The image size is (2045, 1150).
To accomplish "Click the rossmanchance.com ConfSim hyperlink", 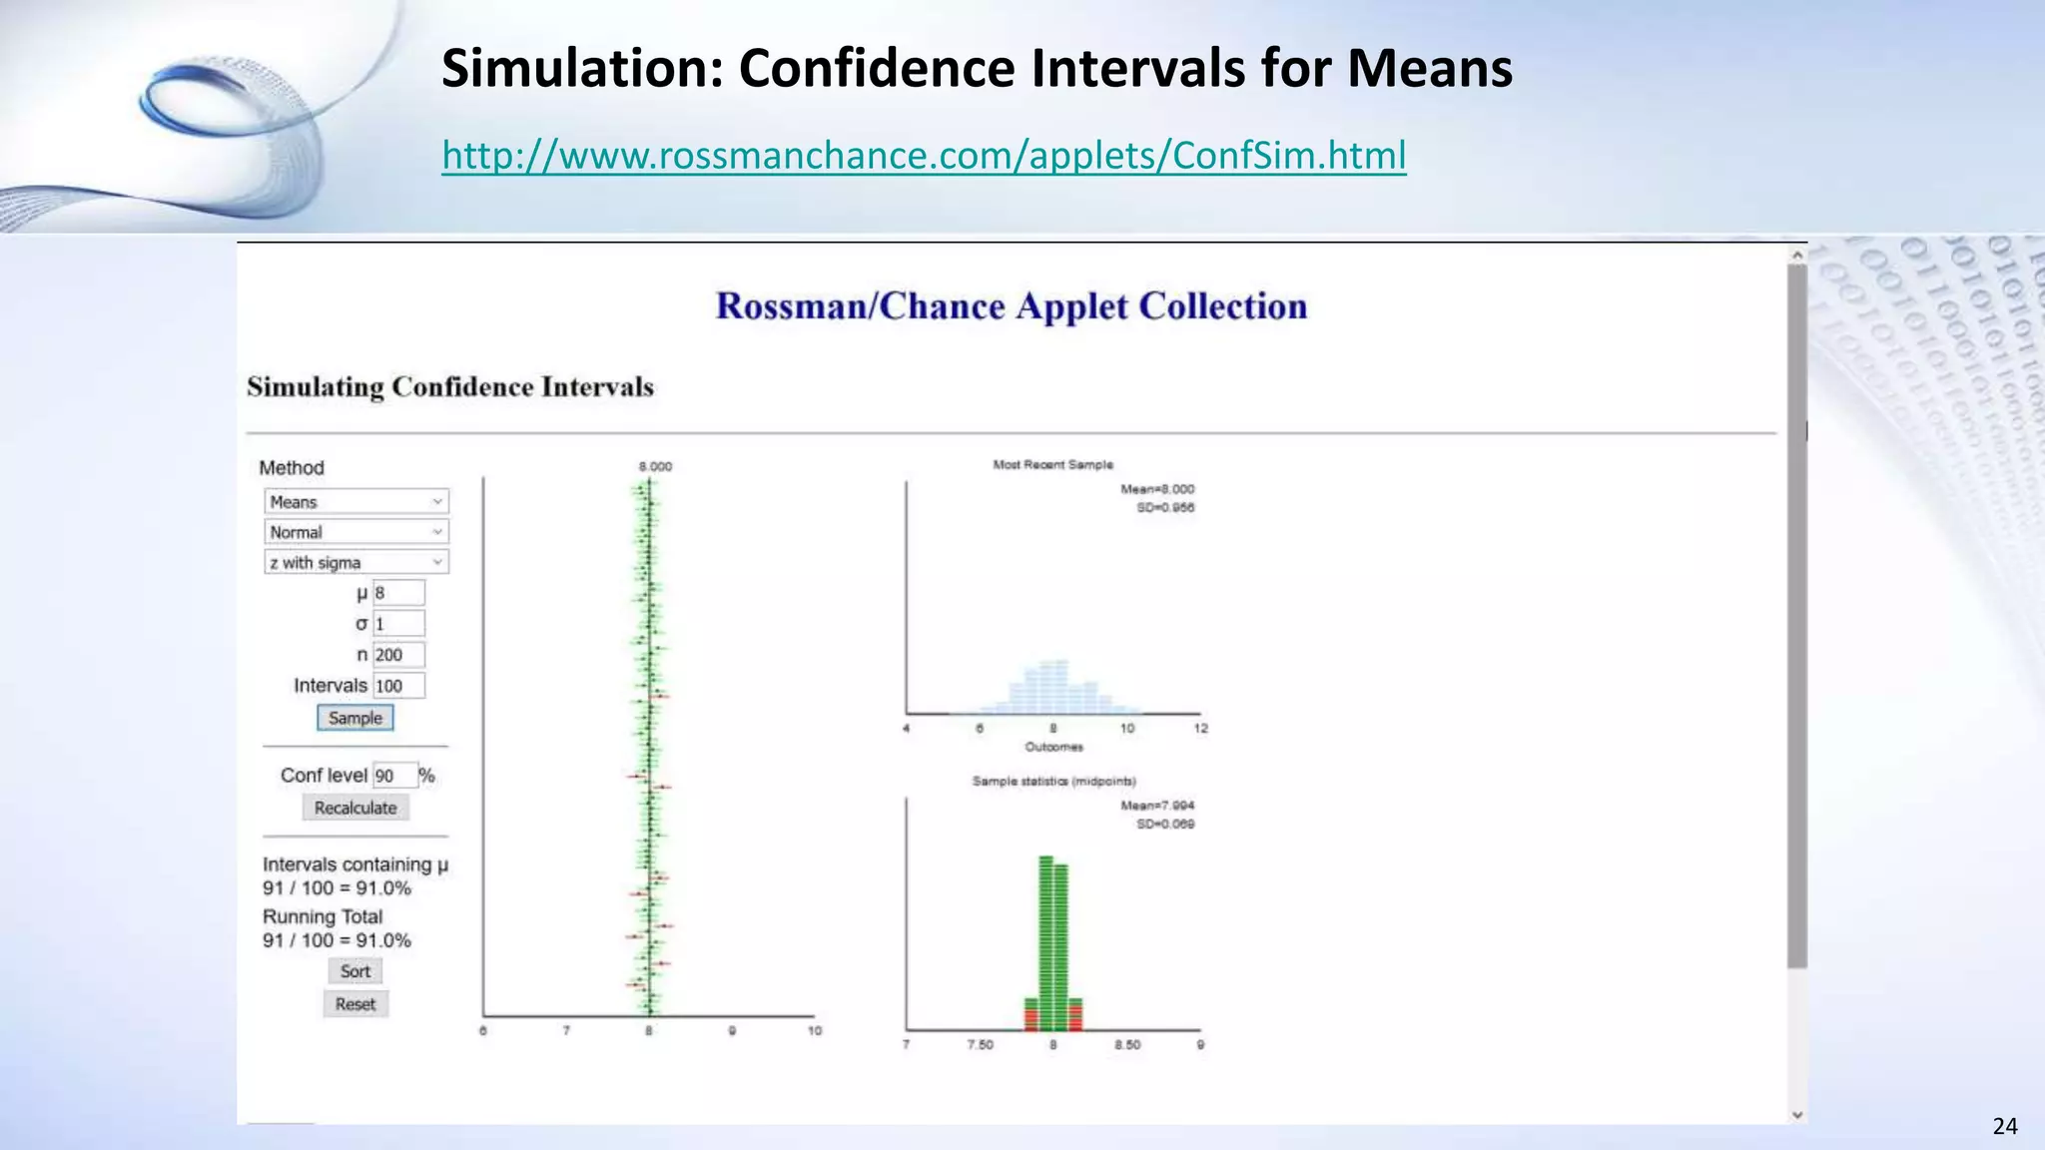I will pyautogui.click(x=924, y=156).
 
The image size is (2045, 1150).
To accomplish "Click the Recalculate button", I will pyautogui.click(x=355, y=808).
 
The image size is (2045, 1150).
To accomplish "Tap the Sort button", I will pyautogui.click(x=354, y=971).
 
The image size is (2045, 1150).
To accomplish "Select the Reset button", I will pyautogui.click(x=355, y=1004).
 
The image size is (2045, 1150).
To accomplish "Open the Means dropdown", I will pyautogui.click(x=356, y=501).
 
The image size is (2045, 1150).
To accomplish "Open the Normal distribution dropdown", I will pyautogui.click(x=356, y=532).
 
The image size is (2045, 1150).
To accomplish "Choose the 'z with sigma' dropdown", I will pyautogui.click(x=356, y=562).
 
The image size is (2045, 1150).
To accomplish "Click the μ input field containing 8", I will pyautogui.click(x=398, y=593).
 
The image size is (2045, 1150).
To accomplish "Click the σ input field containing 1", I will pyautogui.click(x=398, y=624).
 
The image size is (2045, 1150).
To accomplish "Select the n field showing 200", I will pyautogui.click(x=398, y=655).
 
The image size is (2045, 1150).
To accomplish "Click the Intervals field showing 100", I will pyautogui.click(x=398, y=686).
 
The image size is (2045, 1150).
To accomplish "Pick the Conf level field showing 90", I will pyautogui.click(x=393, y=776).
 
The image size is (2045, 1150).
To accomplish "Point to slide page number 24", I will pyautogui.click(x=2004, y=1127).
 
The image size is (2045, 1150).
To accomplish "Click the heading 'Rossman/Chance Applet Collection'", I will pyautogui.click(x=1012, y=306).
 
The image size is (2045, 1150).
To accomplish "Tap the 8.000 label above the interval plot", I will pyautogui.click(x=655, y=466).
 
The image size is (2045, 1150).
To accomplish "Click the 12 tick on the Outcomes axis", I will pyautogui.click(x=1200, y=729).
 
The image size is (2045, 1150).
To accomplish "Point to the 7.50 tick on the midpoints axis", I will pyautogui.click(x=980, y=1045).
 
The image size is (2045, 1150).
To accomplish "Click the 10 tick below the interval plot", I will pyautogui.click(x=814, y=1031).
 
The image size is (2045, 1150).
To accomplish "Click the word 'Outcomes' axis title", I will pyautogui.click(x=1053, y=747).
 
